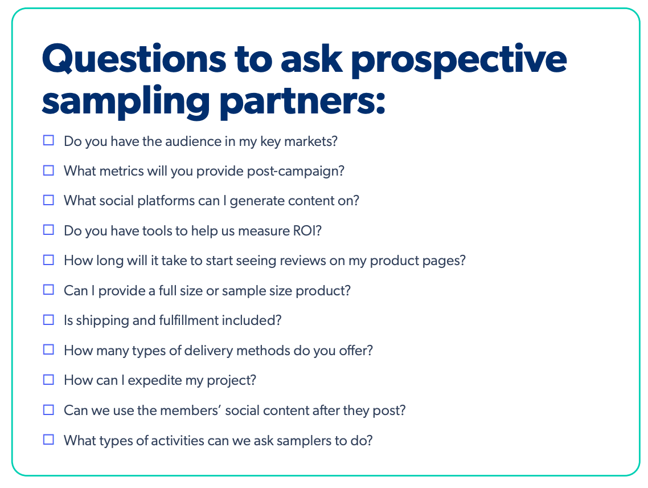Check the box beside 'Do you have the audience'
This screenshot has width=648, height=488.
click(48, 140)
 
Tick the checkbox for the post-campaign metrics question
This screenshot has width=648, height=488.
click(48, 170)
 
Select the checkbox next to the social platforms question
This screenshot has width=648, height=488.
click(48, 200)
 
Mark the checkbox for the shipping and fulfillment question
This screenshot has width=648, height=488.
click(48, 320)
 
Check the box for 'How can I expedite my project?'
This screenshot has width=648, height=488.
click(48, 380)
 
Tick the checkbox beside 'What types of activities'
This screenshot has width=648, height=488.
click(48, 439)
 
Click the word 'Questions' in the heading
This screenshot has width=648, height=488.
click(134, 60)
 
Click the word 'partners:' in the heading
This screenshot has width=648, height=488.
click(302, 102)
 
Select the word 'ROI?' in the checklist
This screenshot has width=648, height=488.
click(307, 230)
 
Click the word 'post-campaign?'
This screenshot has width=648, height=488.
click(296, 172)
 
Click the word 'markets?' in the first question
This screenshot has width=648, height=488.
click(311, 141)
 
